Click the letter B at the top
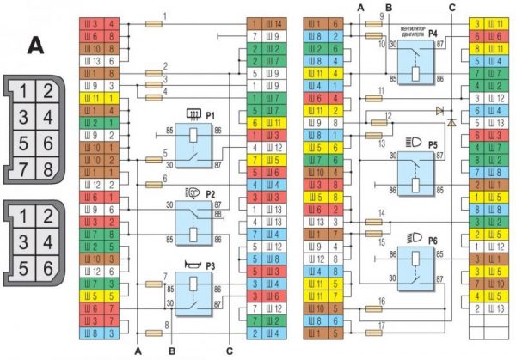(x=389, y=7)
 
